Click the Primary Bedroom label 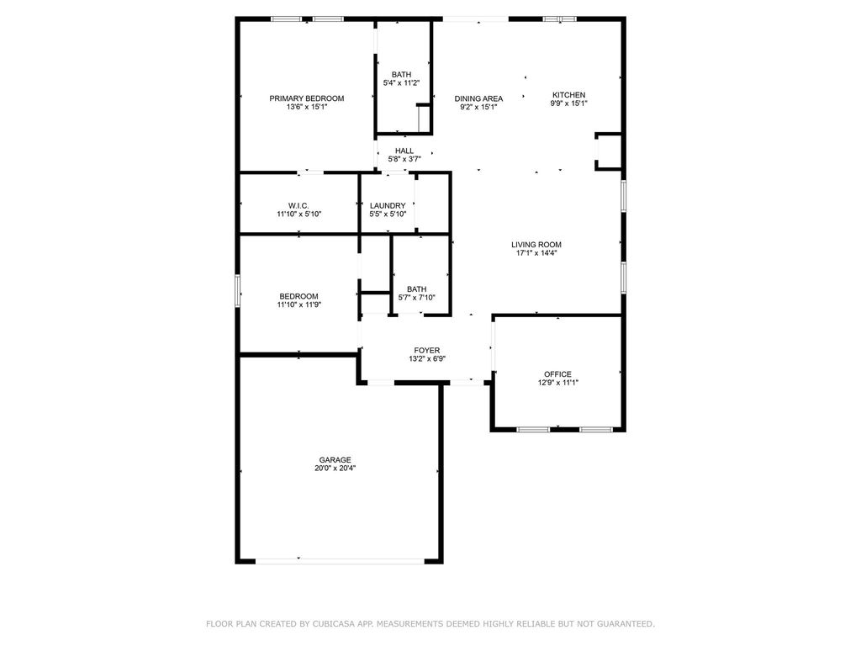[x=306, y=98]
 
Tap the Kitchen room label [x=568, y=94]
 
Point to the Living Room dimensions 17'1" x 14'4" [x=536, y=253]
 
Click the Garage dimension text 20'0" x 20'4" [x=335, y=469]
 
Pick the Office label [x=557, y=374]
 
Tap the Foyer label [x=426, y=350]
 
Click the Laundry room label [x=388, y=205]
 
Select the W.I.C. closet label [x=298, y=205]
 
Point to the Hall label [x=404, y=151]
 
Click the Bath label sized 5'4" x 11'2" [x=401, y=74]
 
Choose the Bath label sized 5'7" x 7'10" [x=416, y=289]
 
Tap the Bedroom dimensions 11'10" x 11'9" [x=298, y=304]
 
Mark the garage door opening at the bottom [x=340, y=559]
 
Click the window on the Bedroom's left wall [x=238, y=292]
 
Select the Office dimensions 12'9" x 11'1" [x=557, y=383]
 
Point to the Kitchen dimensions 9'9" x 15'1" [x=568, y=103]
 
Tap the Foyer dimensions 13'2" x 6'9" [x=426, y=358]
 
